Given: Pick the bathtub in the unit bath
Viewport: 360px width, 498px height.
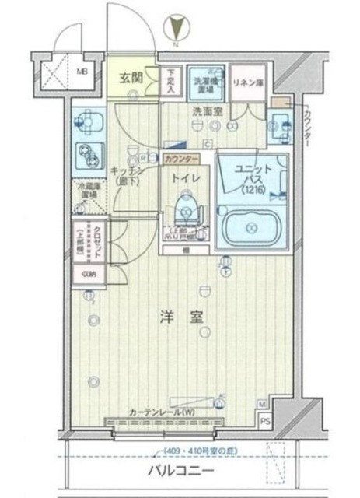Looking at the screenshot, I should click(252, 227).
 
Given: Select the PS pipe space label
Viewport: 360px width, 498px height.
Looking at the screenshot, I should click(266, 423).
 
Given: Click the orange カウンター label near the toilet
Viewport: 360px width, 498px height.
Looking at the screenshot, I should click(180, 159).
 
